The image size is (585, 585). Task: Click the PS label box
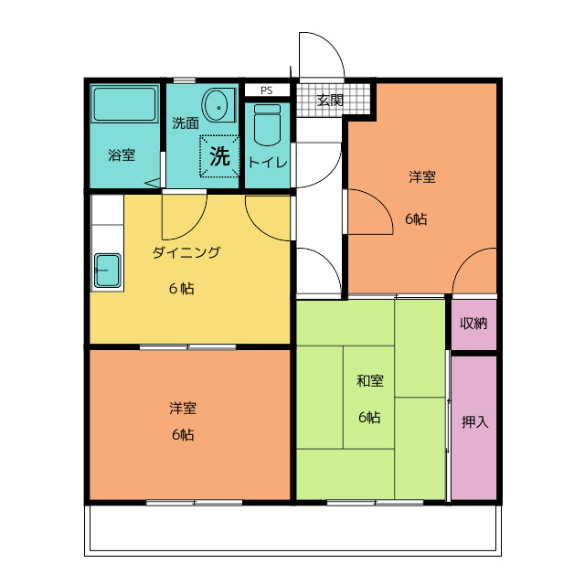point(266,90)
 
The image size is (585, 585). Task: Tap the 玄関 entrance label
point(330,101)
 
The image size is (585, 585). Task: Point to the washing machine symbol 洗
point(219,154)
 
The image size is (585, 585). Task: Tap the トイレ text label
point(268,163)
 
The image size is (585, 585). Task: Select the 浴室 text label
point(122,154)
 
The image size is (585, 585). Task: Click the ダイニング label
point(186,253)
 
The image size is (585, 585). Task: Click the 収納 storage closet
point(473,324)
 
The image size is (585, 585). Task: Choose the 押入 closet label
point(474,422)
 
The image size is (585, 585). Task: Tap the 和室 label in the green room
point(369,380)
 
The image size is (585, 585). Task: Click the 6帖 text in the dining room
point(180,289)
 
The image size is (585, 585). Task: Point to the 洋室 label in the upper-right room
point(421,177)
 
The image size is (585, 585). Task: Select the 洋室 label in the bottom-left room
point(182,408)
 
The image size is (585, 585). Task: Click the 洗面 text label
point(186,122)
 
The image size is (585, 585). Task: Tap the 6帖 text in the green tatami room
point(369,418)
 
